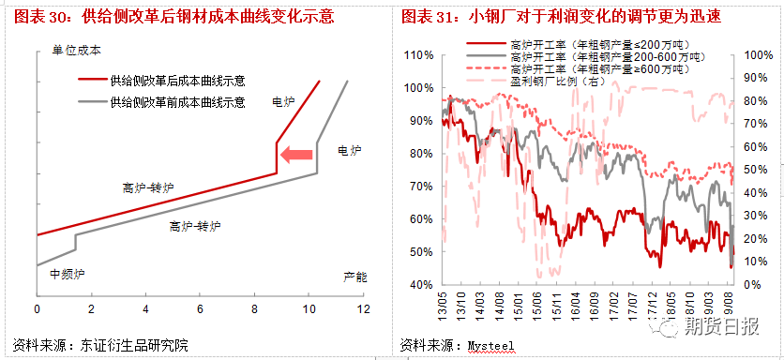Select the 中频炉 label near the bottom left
[67, 275]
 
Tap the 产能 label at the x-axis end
[354, 277]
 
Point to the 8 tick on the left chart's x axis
[254, 308]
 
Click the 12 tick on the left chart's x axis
[363, 308]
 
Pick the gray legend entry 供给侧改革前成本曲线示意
[177, 101]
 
